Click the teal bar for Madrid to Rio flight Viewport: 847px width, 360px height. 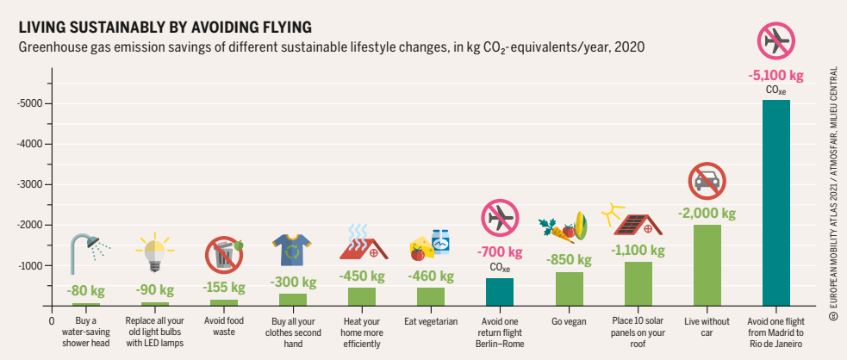pos(775,202)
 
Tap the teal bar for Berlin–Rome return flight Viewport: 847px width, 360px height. pos(500,292)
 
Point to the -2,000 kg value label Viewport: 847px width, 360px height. pos(707,213)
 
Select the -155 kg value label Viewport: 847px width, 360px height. pos(224,287)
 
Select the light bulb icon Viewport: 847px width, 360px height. pos(155,250)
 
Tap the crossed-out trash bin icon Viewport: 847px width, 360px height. pos(224,255)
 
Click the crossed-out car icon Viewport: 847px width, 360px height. pos(707,180)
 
